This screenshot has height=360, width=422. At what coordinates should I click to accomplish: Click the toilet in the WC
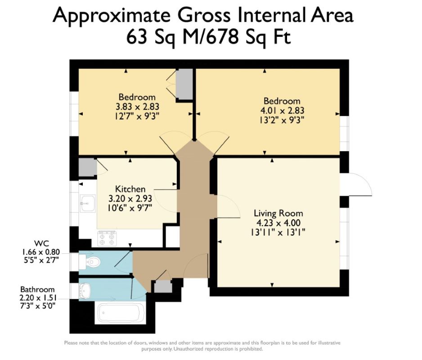(x=90, y=261)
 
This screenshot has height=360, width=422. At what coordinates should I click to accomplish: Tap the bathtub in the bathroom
(x=120, y=313)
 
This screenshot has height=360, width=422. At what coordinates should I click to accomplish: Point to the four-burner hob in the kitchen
(x=107, y=238)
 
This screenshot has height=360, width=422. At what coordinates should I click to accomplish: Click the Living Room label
(x=278, y=213)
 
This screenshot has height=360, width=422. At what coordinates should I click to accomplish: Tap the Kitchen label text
(x=130, y=189)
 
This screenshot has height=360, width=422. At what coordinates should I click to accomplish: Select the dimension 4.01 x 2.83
(x=282, y=110)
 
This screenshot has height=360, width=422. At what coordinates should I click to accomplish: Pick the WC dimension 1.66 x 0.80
(x=40, y=252)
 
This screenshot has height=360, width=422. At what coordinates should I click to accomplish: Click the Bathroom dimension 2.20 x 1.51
(x=37, y=298)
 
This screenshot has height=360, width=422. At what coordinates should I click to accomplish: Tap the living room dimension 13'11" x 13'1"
(x=278, y=232)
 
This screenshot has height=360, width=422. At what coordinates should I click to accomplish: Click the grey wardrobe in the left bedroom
(x=184, y=84)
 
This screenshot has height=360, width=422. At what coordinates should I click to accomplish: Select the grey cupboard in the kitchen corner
(x=87, y=167)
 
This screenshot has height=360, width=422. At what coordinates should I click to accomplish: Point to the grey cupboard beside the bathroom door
(x=163, y=287)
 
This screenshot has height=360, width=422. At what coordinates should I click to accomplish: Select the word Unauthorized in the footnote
(x=189, y=349)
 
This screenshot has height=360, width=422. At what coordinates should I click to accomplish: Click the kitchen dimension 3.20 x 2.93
(x=130, y=198)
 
